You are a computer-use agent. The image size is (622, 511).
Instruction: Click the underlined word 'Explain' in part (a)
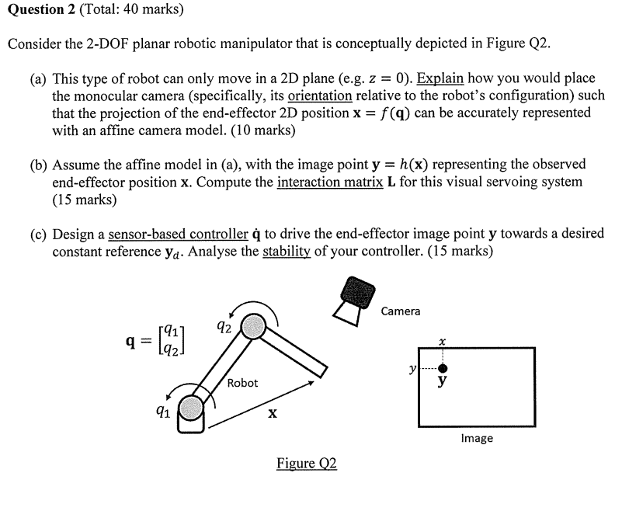click(x=441, y=78)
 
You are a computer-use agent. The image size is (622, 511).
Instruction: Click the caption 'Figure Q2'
click(x=307, y=464)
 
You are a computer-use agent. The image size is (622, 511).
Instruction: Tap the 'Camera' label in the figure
click(x=401, y=311)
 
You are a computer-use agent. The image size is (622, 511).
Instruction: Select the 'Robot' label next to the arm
click(x=242, y=383)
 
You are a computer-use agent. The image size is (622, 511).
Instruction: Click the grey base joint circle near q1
click(x=191, y=407)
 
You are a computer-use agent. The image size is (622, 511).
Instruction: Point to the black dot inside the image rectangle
click(x=443, y=368)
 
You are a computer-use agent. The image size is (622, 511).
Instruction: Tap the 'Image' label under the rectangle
click(x=476, y=438)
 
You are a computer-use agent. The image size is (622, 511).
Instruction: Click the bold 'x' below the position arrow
click(x=272, y=415)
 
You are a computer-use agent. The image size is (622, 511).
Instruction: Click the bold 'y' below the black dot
click(x=443, y=382)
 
